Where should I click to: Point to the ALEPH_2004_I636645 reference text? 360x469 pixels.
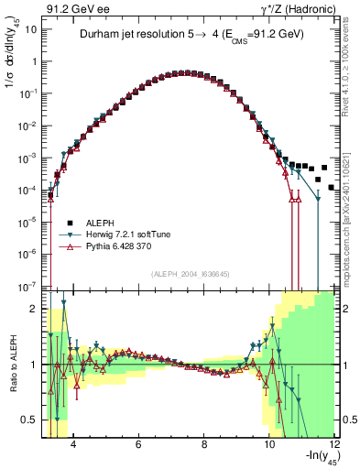click(x=188, y=273)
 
